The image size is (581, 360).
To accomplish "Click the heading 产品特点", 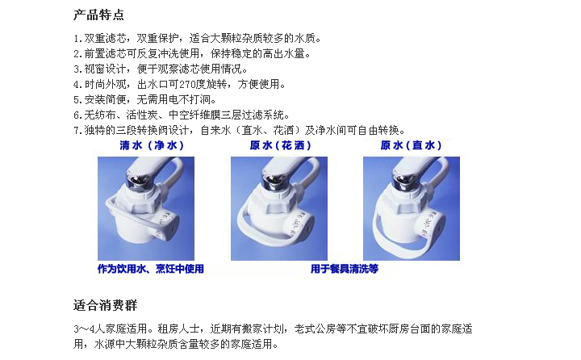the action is coord(98,15).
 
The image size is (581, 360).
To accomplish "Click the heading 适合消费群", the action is coord(105,305).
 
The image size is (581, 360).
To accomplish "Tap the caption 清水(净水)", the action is coord(152,145).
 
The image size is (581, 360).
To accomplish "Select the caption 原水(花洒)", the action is coord(281,145).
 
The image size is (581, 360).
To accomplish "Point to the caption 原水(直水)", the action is coord(411,145).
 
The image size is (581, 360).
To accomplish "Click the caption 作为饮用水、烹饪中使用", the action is coord(150,269).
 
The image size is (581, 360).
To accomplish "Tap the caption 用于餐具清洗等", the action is coord(345,269).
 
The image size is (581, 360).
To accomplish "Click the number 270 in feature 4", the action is coord(187,85).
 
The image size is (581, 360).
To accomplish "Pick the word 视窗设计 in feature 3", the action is coord(105,69).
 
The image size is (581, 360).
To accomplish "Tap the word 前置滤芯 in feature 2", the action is coord(105,54).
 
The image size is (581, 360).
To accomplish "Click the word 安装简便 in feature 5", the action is coord(105,100).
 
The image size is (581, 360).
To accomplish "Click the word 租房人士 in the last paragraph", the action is coord(178,329).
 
